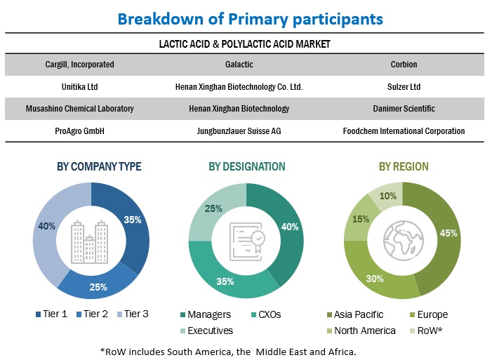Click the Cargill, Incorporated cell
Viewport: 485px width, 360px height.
(x=79, y=65)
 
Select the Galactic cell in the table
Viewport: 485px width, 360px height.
(x=239, y=65)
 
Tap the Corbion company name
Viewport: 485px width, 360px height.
(x=404, y=65)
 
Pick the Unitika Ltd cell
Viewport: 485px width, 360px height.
(x=79, y=87)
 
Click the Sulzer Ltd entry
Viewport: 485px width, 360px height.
(x=404, y=87)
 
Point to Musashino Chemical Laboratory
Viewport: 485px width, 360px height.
(x=79, y=109)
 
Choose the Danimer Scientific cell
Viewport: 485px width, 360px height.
(x=404, y=109)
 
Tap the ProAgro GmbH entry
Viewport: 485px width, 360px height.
(x=79, y=131)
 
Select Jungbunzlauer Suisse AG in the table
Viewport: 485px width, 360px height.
(x=239, y=131)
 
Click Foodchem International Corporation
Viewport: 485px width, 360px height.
(x=404, y=131)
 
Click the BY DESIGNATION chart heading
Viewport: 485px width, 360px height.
(x=246, y=167)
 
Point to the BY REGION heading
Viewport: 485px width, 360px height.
(x=404, y=167)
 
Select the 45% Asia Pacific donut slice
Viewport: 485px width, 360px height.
(x=442, y=239)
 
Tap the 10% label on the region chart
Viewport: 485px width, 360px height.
(x=388, y=196)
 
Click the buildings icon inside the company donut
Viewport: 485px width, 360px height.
(x=91, y=241)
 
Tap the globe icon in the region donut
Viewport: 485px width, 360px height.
(x=402, y=241)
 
